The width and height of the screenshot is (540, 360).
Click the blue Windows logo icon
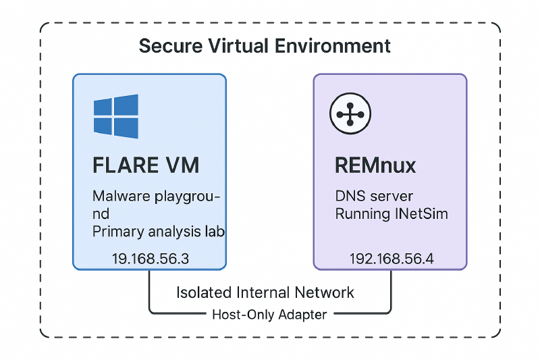[x=116, y=115]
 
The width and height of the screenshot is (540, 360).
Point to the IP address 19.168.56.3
[x=149, y=259]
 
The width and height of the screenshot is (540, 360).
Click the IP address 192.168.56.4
[x=389, y=259]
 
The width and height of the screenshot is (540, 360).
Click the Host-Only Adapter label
[x=269, y=314]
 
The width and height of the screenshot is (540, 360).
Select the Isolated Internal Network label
[x=265, y=292]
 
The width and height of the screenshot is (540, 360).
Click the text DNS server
[x=374, y=197]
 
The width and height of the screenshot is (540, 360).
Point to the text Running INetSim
[x=391, y=215]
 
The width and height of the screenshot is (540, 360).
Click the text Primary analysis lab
[x=158, y=232]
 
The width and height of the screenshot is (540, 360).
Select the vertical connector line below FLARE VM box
[x=149, y=290]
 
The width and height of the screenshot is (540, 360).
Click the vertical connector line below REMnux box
[x=390, y=290]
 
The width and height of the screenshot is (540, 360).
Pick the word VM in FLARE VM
[x=184, y=165]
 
